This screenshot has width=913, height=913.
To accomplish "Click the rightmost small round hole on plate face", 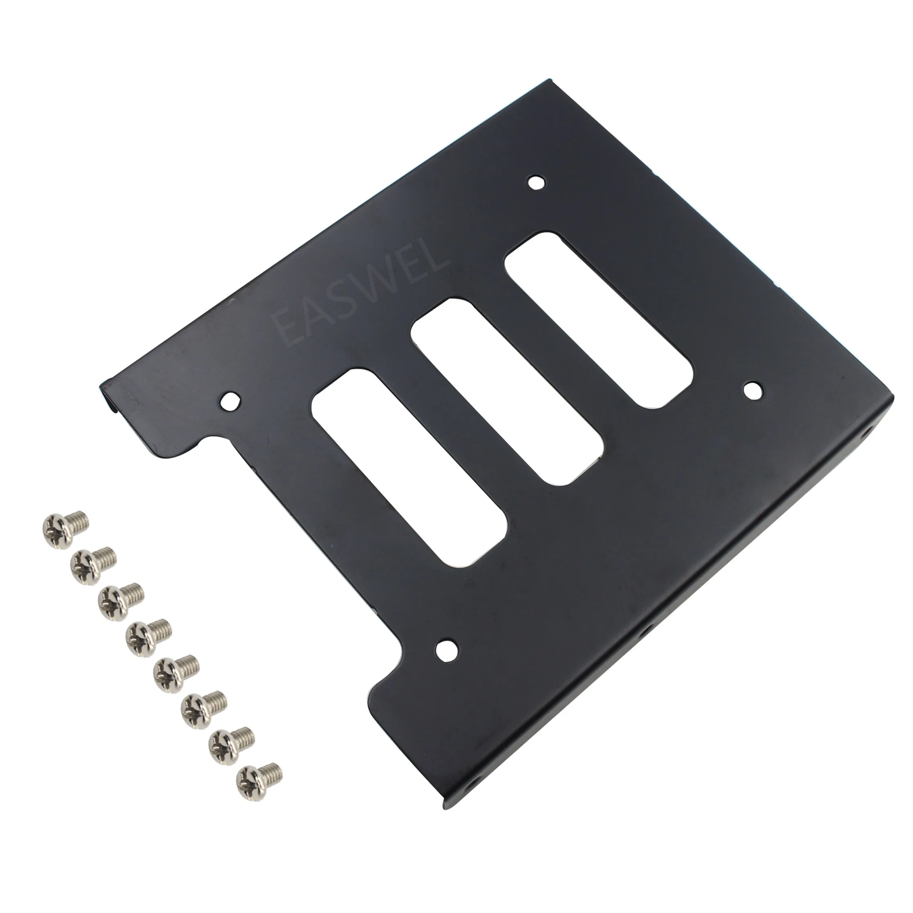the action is [x=753, y=390].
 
